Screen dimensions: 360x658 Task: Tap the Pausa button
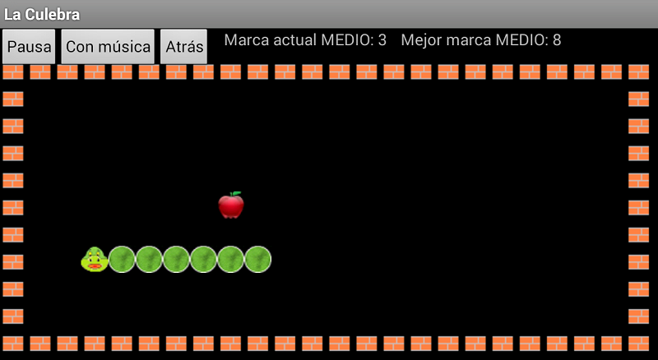coord(30,47)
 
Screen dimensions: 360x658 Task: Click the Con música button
coord(108,47)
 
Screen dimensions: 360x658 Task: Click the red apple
coord(231,205)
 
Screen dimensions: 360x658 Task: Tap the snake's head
coord(95,259)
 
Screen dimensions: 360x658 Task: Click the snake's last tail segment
coord(257,259)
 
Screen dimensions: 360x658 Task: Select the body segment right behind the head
coord(122,259)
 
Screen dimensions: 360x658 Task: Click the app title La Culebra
coord(42,15)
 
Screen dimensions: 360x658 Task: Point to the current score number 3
coord(382,40)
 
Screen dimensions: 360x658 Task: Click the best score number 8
coord(557,40)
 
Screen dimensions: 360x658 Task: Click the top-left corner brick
coord(13,72)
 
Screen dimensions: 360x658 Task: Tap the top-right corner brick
coord(638,72)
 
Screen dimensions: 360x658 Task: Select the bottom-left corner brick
coord(13,343)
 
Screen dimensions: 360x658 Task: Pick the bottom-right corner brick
coord(638,343)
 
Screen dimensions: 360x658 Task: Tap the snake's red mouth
coord(95,265)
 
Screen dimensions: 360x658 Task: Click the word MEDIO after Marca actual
coord(347,40)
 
